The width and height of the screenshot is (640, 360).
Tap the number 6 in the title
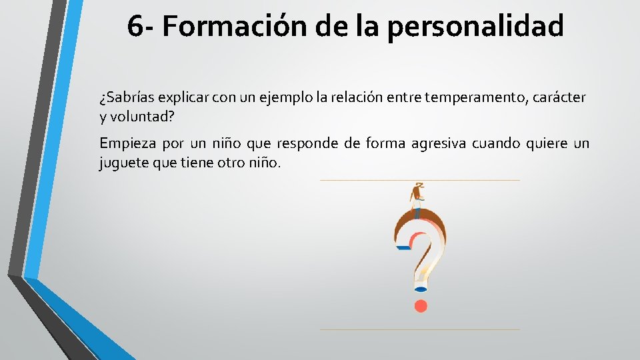pyautogui.click(x=134, y=27)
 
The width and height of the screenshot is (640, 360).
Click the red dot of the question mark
pyautogui.click(x=420, y=306)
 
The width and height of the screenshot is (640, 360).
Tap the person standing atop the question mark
pyautogui.click(x=418, y=197)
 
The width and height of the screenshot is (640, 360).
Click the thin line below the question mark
pyautogui.click(x=419, y=329)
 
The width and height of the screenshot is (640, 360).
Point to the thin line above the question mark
pyautogui.click(x=419, y=180)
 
